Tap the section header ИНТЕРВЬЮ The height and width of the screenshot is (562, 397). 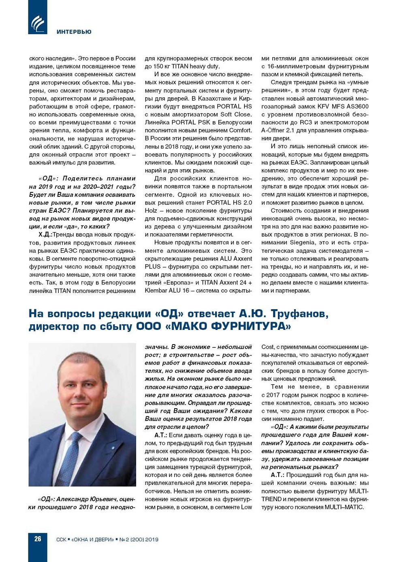[x=74, y=32]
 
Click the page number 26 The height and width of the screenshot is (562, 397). [x=38, y=539]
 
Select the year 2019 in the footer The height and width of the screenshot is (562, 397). [x=152, y=539]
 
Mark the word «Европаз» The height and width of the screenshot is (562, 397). [x=173, y=283]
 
